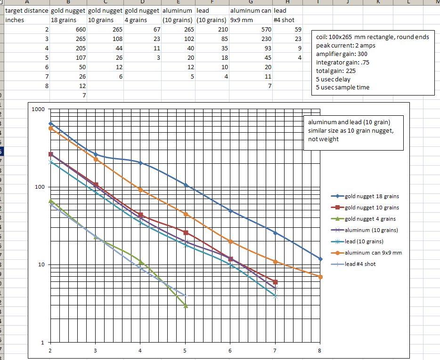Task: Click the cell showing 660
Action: [x=80, y=30]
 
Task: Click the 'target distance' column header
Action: [x=27, y=10]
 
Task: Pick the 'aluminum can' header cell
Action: [x=251, y=10]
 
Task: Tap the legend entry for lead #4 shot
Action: [x=360, y=264]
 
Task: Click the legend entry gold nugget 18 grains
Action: [x=372, y=196]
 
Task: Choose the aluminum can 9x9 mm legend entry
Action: [x=373, y=253]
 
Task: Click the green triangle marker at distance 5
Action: [x=186, y=306]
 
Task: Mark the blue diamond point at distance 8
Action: [x=320, y=259]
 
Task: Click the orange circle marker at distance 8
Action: [x=320, y=277]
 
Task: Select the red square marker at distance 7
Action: [x=276, y=282]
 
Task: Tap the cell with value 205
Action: [x=80, y=48]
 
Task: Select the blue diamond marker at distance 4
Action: [x=140, y=163]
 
